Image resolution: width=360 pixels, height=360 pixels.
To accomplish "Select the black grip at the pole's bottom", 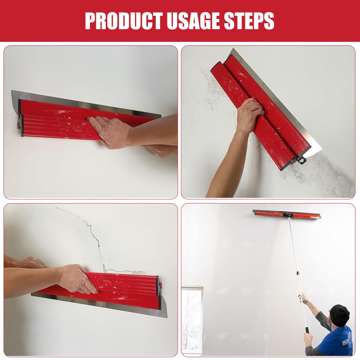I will click(307, 330).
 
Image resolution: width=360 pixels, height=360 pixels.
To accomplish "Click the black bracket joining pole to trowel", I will click(288, 215).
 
